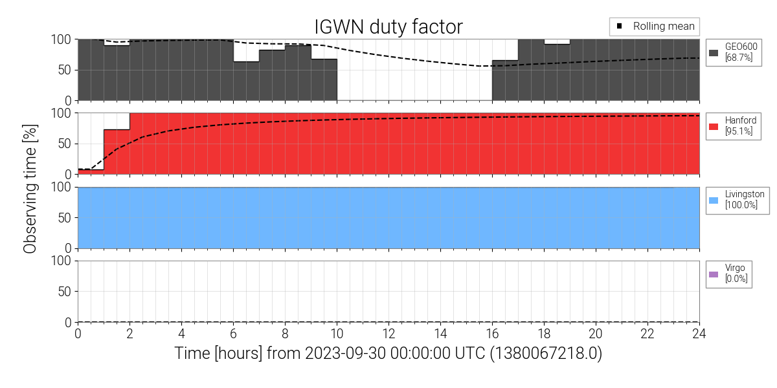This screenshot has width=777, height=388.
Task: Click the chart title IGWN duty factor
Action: (388, 27)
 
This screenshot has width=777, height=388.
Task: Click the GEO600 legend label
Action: (741, 47)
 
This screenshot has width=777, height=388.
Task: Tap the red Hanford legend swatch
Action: (714, 126)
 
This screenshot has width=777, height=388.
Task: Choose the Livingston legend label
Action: (745, 194)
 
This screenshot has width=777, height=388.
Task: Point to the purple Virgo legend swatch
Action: (714, 274)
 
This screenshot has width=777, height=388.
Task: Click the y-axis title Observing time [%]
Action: (29, 181)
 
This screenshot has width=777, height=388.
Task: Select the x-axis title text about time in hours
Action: (388, 354)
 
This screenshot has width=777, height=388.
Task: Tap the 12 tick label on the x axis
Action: (388, 334)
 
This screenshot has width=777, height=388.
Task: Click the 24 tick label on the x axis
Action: (699, 334)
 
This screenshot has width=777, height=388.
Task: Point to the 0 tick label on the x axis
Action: (78, 334)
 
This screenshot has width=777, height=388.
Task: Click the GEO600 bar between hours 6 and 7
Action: (246, 81)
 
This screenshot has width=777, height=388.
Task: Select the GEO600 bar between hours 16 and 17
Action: (505, 80)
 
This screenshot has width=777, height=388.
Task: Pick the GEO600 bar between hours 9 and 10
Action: (324, 80)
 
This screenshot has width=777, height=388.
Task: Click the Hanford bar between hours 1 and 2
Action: (117, 152)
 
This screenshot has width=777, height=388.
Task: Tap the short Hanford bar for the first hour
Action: (91, 171)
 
